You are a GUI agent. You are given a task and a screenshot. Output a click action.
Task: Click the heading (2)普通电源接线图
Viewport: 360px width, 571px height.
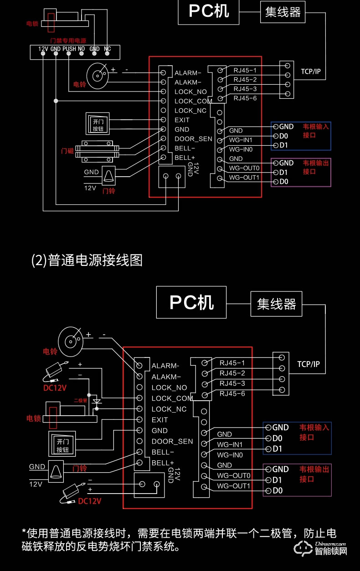87,260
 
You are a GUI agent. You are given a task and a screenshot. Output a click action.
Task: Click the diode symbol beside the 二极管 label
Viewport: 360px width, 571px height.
96,402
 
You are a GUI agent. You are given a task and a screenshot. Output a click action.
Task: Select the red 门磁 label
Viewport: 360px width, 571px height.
67,150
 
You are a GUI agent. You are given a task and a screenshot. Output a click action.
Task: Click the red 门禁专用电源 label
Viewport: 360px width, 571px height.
68,41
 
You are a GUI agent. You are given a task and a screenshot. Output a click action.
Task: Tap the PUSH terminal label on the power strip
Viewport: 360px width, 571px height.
69,49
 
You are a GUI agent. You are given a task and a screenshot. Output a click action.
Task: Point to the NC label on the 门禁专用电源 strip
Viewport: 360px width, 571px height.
108,49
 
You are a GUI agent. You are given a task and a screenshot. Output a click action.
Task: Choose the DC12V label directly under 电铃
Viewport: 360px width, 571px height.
55,388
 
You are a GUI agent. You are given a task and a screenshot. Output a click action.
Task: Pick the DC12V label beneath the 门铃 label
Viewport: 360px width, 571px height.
90,501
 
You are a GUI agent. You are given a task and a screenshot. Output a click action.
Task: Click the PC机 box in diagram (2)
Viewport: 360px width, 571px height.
191,302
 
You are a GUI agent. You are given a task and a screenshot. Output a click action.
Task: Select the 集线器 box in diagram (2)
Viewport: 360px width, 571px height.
276,304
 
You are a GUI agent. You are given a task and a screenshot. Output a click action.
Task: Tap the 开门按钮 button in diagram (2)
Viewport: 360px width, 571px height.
62,445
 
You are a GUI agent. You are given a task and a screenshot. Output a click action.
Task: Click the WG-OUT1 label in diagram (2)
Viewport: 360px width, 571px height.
233,486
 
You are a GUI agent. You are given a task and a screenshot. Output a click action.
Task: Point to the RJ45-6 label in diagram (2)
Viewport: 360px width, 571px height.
232,393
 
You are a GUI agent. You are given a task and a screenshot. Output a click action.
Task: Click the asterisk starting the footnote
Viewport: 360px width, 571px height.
24,533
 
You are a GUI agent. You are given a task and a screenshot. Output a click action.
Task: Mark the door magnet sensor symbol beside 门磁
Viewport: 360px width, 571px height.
97,151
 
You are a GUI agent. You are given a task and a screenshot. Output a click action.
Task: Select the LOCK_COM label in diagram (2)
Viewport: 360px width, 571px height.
172,398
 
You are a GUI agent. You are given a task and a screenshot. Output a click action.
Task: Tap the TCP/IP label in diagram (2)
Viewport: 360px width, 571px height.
309,364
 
